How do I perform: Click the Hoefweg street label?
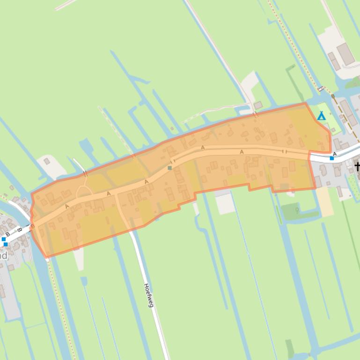(148, 295)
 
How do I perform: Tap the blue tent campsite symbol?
(322, 116)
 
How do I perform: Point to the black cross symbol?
(358, 166)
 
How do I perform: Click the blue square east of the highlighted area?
(332, 158)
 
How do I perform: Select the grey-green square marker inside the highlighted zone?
(169, 167)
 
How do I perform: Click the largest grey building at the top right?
(345, 54)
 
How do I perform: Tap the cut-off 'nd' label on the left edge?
(4, 256)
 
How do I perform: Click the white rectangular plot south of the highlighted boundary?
(225, 204)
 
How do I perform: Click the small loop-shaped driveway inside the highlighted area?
(83, 191)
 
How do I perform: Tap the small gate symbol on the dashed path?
(321, 88)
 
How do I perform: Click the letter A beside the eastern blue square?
(335, 154)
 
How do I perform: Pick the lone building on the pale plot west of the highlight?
(47, 161)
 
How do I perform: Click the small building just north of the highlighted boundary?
(258, 105)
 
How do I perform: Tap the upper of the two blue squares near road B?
(4, 239)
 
